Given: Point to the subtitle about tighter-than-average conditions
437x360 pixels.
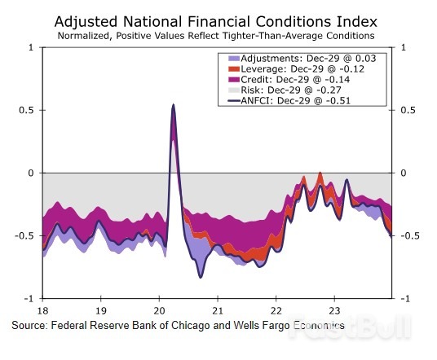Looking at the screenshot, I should tap(218, 36).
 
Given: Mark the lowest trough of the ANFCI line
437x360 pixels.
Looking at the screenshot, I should tap(201, 278).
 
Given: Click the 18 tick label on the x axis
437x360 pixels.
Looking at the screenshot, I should tap(42, 310).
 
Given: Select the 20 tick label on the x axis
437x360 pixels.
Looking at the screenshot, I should tap(159, 310).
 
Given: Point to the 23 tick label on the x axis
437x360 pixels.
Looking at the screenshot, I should tap(333, 310).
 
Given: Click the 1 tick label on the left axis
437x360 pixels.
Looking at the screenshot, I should tap(32, 47).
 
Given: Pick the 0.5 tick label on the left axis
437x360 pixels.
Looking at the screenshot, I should tap(27, 110).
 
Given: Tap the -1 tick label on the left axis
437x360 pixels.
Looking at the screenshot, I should tap(29, 298).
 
